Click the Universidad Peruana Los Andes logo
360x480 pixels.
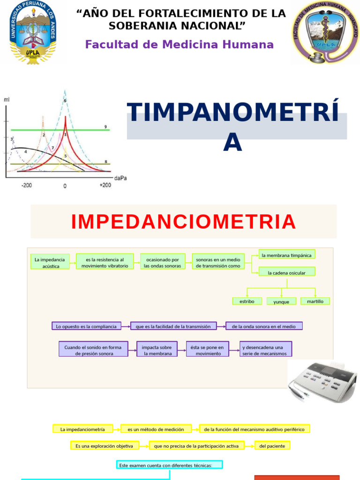point(32,32)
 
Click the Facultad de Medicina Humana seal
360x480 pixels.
point(325,32)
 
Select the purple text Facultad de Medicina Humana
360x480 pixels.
point(179,45)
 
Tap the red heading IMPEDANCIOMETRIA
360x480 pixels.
point(184,221)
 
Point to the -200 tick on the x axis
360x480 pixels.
point(26,186)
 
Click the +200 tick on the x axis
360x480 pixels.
point(105,185)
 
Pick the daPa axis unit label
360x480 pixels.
point(120,178)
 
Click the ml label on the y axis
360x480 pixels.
point(6,99)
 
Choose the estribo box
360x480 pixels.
point(247,301)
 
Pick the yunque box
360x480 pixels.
point(281,302)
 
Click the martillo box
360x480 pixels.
point(315,301)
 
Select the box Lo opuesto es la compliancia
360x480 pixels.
point(86,326)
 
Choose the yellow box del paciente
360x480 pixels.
point(272,446)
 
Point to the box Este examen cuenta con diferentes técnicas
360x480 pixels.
point(169,465)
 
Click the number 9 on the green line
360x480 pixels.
point(105,127)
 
